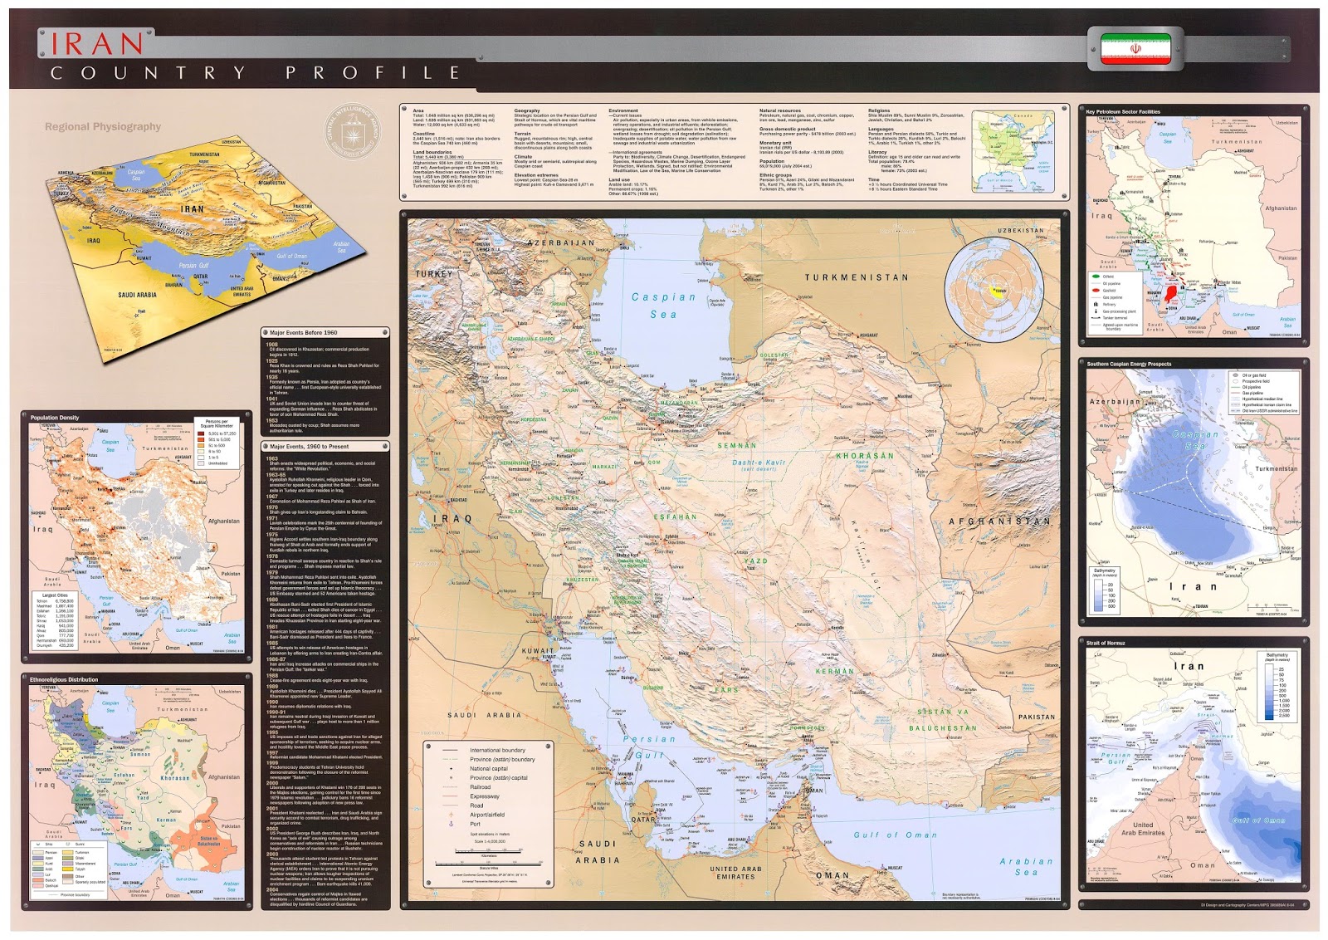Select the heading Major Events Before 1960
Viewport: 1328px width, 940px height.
pos(304,333)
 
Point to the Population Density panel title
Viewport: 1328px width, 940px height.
pos(55,418)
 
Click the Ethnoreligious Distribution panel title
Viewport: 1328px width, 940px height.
pos(64,680)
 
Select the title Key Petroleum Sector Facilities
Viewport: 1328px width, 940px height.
pos(1123,111)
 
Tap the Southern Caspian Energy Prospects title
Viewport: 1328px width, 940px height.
pos(1129,364)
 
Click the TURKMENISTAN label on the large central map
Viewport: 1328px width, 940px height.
pos(856,278)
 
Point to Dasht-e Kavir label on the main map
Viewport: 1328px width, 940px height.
pos(759,463)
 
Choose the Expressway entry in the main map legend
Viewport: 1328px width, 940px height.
pos(485,796)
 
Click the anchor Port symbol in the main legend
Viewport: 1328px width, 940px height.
pos(451,824)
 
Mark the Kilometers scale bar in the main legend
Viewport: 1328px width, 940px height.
pos(488,853)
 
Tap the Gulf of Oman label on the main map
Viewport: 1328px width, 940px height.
pos(895,835)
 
